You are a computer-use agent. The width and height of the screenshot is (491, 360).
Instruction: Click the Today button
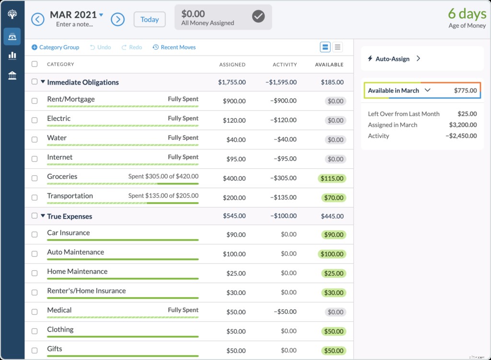click(x=150, y=20)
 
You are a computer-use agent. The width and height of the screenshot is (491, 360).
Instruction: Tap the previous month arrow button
click(x=38, y=20)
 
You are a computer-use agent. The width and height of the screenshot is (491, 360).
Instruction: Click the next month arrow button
click(x=117, y=20)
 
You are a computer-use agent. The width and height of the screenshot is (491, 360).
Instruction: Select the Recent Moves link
click(x=174, y=47)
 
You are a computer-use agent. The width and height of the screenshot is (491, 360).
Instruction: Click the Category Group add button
click(x=55, y=47)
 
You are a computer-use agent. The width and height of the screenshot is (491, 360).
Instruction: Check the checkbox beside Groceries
click(x=35, y=178)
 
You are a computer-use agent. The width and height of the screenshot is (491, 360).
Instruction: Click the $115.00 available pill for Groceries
click(x=331, y=178)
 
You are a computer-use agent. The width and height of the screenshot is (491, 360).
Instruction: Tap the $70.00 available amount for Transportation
click(x=333, y=197)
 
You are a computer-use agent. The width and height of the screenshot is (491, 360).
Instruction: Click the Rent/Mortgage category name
click(x=71, y=99)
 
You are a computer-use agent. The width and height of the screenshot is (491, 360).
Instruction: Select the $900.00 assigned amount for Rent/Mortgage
click(x=234, y=101)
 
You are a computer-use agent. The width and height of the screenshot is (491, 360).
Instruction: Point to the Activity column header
click(x=285, y=65)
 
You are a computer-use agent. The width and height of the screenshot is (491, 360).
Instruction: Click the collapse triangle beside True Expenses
click(x=43, y=216)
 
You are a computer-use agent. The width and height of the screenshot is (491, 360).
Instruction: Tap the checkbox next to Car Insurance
click(x=35, y=234)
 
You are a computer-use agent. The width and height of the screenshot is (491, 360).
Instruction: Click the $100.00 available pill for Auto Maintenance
click(x=331, y=254)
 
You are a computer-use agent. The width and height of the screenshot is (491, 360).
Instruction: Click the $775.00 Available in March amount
click(x=465, y=91)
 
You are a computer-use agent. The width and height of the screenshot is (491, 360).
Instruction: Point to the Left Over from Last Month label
click(x=403, y=114)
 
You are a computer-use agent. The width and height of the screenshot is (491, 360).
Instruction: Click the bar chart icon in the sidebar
click(x=12, y=56)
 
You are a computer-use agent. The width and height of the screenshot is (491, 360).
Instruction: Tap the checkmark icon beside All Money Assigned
click(x=258, y=17)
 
